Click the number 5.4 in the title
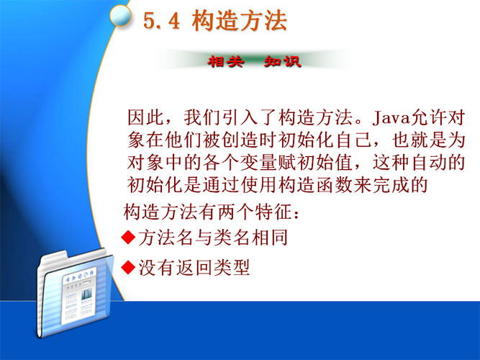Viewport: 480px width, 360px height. (x=161, y=21)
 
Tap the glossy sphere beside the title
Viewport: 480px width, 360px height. (x=121, y=15)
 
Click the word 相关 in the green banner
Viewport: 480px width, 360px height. (x=226, y=61)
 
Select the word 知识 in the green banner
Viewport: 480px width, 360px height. (x=283, y=61)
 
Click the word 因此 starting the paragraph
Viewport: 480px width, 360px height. (x=145, y=117)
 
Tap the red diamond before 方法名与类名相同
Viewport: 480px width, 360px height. (x=128, y=237)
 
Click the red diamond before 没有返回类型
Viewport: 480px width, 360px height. (x=128, y=267)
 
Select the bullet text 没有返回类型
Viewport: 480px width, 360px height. (x=194, y=267)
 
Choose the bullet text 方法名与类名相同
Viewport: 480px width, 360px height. (x=213, y=238)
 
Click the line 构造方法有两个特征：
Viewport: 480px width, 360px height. (x=212, y=212)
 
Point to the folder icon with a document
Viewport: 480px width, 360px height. (x=75, y=294)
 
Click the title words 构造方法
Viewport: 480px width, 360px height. (x=240, y=21)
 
